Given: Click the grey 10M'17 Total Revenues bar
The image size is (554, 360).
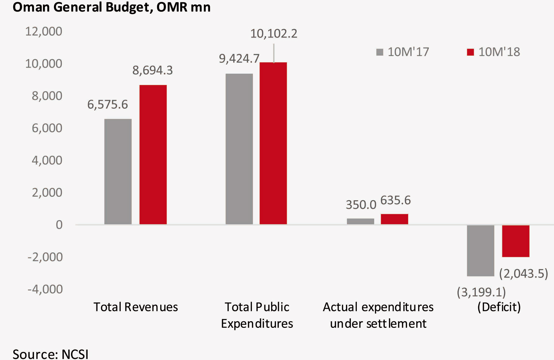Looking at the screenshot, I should (118, 171).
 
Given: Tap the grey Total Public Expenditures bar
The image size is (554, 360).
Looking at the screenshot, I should (239, 149).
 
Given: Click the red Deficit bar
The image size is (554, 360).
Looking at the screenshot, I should (516, 241).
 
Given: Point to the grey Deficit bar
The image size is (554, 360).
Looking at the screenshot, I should (481, 250).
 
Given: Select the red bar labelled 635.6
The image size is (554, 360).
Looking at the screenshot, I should (394, 219).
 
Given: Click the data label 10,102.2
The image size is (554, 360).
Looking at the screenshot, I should (274, 34).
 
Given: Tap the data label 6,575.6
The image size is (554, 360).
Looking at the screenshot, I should (107, 104).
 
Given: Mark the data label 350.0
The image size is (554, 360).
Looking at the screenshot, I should (361, 205).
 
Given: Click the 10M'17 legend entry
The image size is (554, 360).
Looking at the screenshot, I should (403, 52).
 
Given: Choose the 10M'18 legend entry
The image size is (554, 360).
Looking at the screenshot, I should (493, 52).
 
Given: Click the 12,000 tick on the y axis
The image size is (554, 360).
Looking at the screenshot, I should (44, 31).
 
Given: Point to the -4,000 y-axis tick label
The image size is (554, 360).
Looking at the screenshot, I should (45, 289).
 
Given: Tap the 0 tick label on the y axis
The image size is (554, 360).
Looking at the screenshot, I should (59, 224).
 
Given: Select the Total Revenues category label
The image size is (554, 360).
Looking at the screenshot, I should (136, 307).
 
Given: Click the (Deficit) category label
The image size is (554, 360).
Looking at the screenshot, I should (499, 307).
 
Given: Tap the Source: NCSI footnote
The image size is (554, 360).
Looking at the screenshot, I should (51, 354).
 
